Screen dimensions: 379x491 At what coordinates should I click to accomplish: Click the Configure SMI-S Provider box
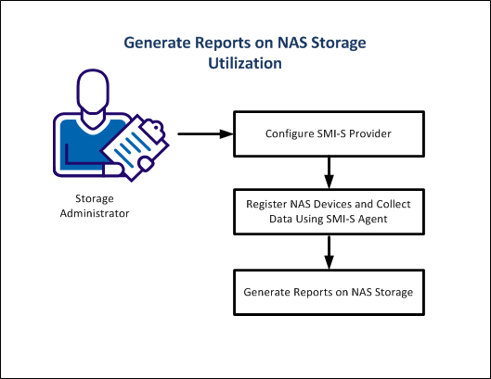pyautogui.click(x=329, y=133)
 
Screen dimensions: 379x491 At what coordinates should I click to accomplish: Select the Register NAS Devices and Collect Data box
pyautogui.click(x=329, y=211)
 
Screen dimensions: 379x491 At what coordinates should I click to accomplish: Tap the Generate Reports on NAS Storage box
pyautogui.click(x=329, y=291)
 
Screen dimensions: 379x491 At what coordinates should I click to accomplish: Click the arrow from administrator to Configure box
pyautogui.click(x=204, y=133)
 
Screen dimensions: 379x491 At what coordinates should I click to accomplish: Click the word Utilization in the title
pyautogui.click(x=245, y=65)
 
